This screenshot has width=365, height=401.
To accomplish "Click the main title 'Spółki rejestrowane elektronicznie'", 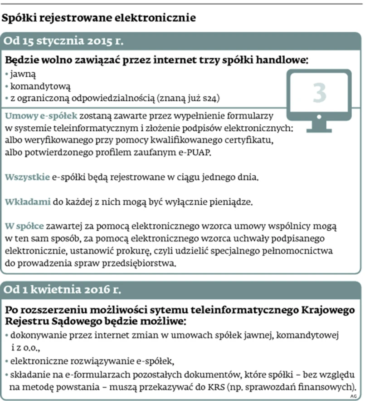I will [x=99, y=18].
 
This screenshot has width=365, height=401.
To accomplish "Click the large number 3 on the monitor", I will [x=319, y=92].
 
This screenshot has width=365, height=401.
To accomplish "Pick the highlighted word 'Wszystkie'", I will [x=27, y=177].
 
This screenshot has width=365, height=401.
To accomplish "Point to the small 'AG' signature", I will [x=354, y=396].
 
